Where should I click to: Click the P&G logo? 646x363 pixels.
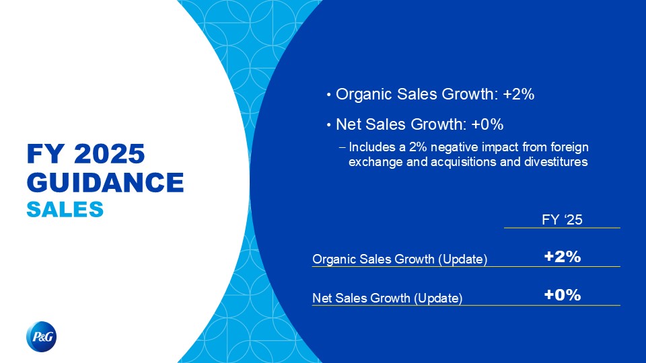pyautogui.click(x=41, y=337)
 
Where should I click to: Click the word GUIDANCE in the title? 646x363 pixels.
pyautogui.click(x=106, y=182)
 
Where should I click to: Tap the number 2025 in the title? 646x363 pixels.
pyautogui.click(x=110, y=153)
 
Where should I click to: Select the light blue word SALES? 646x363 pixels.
pyautogui.click(x=65, y=209)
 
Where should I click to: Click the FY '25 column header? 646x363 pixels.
pyautogui.click(x=562, y=219)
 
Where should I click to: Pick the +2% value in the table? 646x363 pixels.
pyautogui.click(x=563, y=256)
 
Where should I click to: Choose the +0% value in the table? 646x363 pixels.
pyautogui.click(x=563, y=294)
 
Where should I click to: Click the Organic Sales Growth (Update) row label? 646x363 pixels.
pyautogui.click(x=400, y=259)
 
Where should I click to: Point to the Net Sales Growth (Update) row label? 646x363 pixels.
pyautogui.click(x=388, y=298)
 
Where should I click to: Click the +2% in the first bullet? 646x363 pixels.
pyautogui.click(x=519, y=94)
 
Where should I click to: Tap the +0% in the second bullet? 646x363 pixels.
pyautogui.click(x=487, y=124)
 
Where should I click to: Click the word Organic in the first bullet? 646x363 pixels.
pyautogui.click(x=364, y=95)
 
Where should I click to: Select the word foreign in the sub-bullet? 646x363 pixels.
pyautogui.click(x=570, y=147)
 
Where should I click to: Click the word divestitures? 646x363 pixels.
pyautogui.click(x=556, y=162)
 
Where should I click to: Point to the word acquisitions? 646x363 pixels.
pyautogui.click(x=464, y=162)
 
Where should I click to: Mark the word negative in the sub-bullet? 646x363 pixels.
pyautogui.click(x=454, y=147)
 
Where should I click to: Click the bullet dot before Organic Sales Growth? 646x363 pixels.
pyautogui.click(x=329, y=95)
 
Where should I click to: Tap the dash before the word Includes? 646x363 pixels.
pyautogui.click(x=342, y=147)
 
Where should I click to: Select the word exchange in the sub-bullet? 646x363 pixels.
pyautogui.click(x=375, y=162)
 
